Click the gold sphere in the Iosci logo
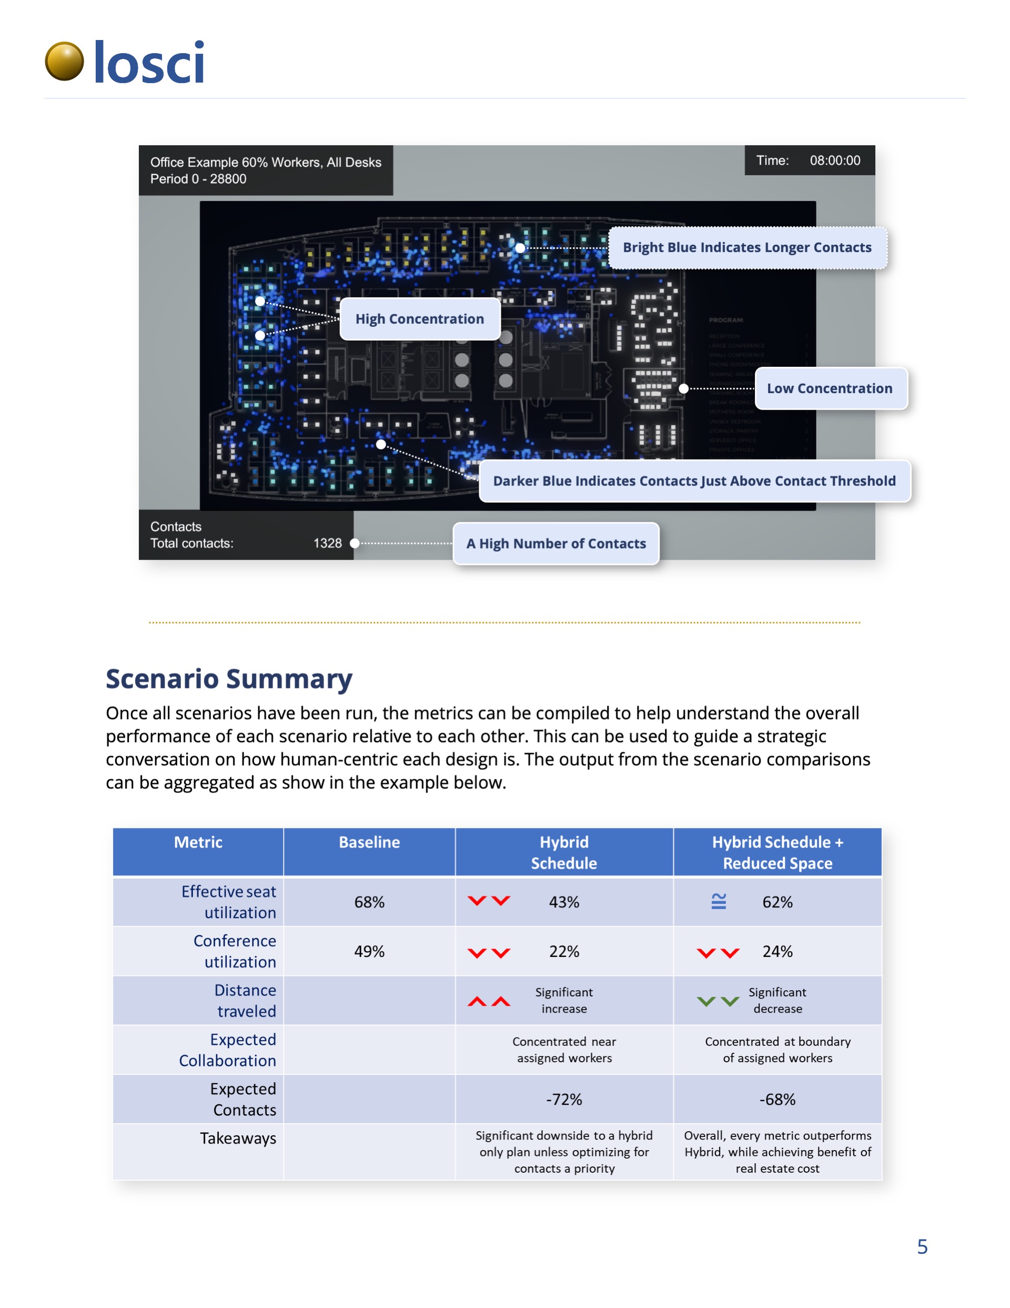click(64, 61)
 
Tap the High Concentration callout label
click(419, 319)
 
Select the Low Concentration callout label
click(830, 388)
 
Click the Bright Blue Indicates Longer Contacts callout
click(746, 248)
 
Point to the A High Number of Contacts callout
click(555, 544)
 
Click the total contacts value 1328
click(328, 543)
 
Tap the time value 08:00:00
click(835, 161)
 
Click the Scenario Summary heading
click(229, 679)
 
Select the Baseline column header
click(369, 843)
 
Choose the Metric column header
click(198, 843)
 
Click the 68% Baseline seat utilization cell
click(369, 902)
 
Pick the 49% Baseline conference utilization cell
click(369, 952)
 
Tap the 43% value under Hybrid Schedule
click(564, 902)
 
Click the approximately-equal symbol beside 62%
click(719, 901)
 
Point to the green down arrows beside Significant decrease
click(718, 1001)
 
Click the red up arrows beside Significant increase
click(489, 1001)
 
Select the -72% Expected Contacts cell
click(564, 1100)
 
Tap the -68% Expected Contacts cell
click(777, 1100)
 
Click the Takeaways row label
click(238, 1139)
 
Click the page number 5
click(922, 1247)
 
